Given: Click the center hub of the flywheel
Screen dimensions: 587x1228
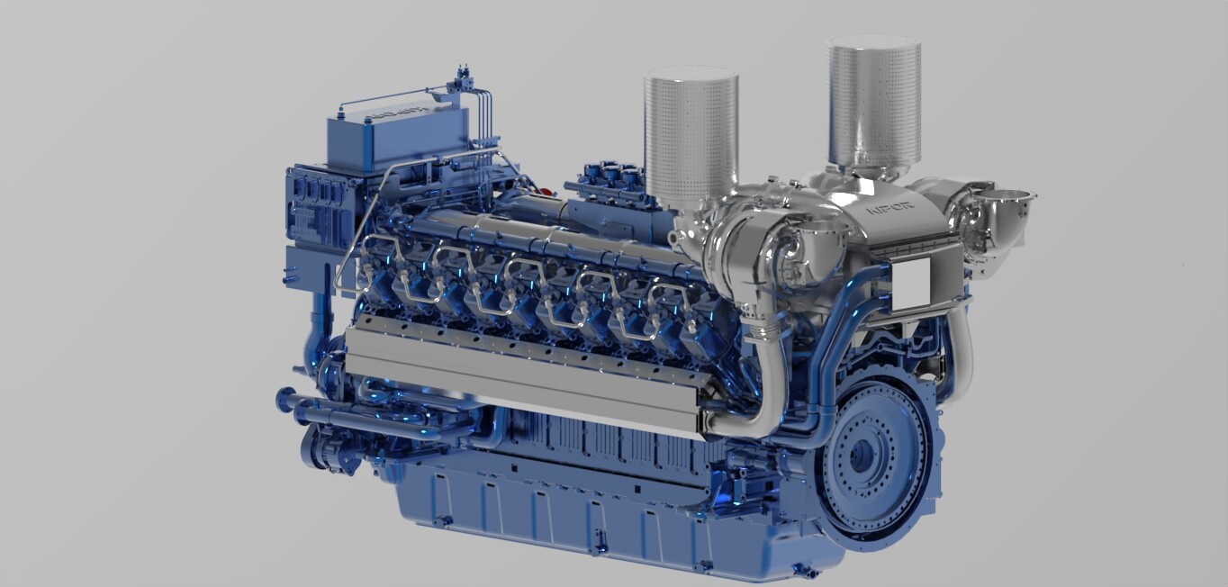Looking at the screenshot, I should (x=862, y=456).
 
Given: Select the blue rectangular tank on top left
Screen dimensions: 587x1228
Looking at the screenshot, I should (x=396, y=135).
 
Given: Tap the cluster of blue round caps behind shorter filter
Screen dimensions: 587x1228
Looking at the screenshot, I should (x=613, y=173).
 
